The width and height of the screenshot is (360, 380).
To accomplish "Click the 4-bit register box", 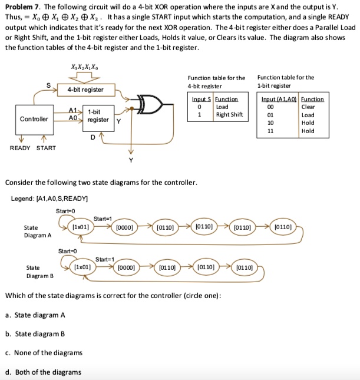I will [85, 90].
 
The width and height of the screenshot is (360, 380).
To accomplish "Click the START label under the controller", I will [46, 148].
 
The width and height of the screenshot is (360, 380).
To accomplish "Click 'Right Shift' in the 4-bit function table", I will [229, 114].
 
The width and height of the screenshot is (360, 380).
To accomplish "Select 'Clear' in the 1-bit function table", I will [308, 107].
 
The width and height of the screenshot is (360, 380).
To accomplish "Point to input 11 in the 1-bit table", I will [271, 131].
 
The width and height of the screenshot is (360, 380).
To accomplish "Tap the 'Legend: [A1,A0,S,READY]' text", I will [49, 199].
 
